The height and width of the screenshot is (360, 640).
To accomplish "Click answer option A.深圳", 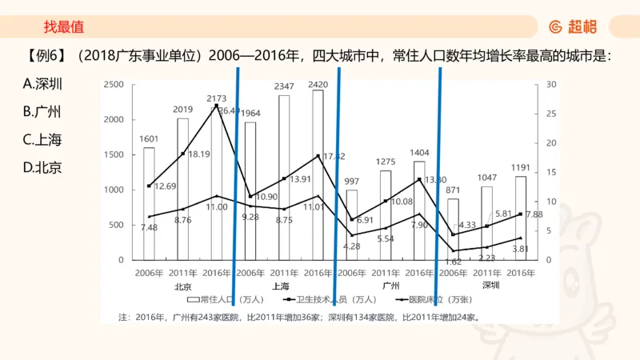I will tap(43, 84).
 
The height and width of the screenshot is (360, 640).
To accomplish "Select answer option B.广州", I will tap(43, 112).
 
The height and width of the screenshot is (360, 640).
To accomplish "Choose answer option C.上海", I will tap(43, 139).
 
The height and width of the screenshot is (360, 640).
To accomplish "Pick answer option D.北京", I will tap(43, 167).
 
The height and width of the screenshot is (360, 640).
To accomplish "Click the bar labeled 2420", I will tap(318, 176).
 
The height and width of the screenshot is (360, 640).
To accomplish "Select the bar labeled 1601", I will tap(149, 204).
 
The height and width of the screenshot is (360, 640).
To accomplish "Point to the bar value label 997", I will tap(351, 182).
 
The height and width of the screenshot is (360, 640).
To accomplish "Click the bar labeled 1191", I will tap(521, 218).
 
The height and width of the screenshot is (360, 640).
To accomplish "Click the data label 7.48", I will tap(149, 227).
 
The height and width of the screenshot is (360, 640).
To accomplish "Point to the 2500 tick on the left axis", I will tap(114, 84).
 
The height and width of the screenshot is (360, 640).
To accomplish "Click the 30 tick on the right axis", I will tap(551, 84).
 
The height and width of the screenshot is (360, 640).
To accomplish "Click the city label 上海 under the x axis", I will tap(280, 285).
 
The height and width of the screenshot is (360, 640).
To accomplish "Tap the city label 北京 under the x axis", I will tap(182, 285).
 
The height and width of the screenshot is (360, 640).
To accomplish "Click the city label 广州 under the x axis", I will tap(391, 285).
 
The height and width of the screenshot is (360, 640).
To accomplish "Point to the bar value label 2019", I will tap(182, 110).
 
